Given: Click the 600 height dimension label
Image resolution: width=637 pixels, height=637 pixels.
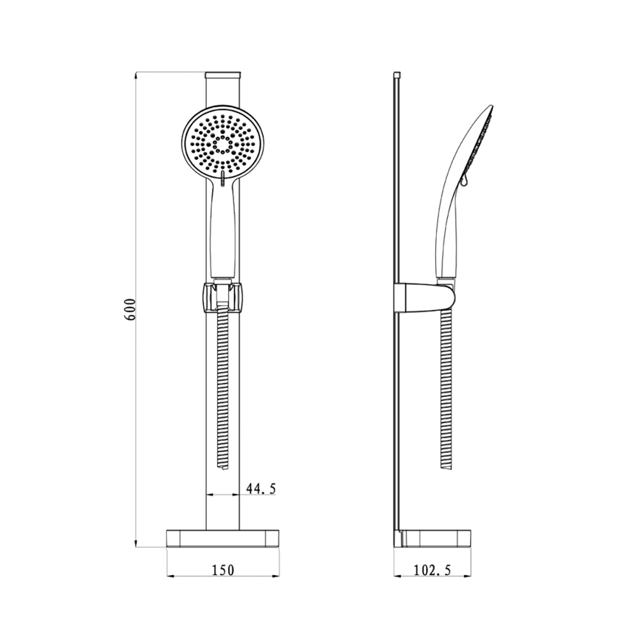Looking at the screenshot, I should point(130,309).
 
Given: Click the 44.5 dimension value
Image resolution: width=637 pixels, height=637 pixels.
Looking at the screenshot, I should point(261,489).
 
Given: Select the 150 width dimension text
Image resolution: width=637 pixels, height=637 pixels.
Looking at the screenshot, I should point(223,570).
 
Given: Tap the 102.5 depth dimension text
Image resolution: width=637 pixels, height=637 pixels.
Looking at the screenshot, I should point(432,570).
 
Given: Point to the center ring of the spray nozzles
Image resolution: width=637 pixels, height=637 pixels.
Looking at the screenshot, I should point(223,144).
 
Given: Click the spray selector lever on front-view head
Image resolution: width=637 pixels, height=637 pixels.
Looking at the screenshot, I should point(223,179).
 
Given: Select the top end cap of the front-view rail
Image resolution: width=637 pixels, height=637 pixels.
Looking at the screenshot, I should point(223,76).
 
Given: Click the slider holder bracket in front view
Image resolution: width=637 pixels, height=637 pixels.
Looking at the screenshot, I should point(223,297).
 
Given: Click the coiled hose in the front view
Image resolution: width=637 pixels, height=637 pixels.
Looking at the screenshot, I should point(223,382).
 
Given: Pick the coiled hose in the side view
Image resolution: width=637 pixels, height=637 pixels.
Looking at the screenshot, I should point(445,382).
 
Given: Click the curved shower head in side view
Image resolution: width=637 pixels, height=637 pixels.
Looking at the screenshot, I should point(471,144).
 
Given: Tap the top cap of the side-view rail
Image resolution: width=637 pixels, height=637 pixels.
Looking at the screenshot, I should point(397,75).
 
